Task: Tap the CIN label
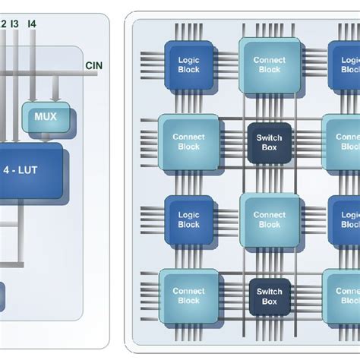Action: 95,66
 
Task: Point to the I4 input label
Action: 32,24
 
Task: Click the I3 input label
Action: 14,24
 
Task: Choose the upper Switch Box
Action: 269,142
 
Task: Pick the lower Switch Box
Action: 269,295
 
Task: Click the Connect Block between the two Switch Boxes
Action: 269,219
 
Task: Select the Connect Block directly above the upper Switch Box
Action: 269,65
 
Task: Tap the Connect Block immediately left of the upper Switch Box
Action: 188,142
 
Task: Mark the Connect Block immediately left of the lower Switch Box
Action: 188,295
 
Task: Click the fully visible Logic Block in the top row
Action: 188,65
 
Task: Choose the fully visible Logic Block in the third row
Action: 188,219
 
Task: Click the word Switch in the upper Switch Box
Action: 269,137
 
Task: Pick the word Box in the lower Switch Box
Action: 269,301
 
